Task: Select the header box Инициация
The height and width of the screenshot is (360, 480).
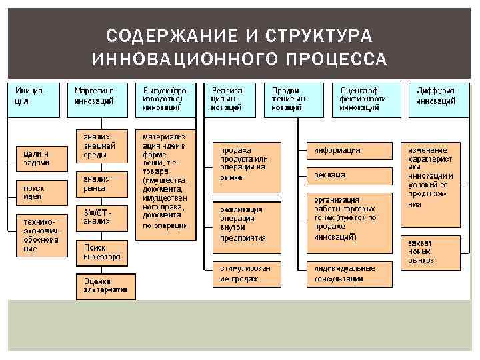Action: coord(33,98)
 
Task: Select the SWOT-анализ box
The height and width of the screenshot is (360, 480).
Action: coord(101,216)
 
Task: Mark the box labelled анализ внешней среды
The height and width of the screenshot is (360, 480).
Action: coord(101,146)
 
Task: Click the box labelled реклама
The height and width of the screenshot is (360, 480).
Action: coord(349,175)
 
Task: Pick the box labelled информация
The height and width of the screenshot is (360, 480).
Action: coord(349,151)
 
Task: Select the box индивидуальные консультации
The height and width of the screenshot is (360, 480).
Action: coord(349,273)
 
